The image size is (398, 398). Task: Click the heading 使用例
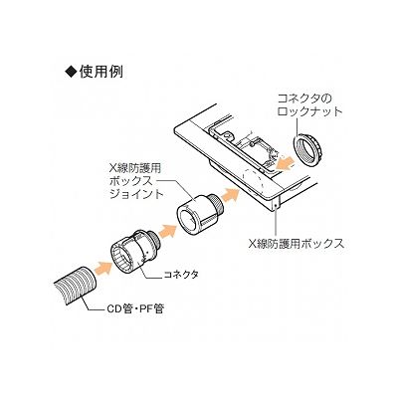pyautogui.click(x=101, y=72)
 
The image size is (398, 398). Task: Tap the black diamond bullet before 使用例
pyautogui.click(x=72, y=73)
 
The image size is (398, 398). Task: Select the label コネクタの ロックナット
pyautogui.click(x=309, y=104)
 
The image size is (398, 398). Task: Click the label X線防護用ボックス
pyautogui.click(x=297, y=245)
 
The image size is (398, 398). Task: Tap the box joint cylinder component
pyautogui.click(x=200, y=214)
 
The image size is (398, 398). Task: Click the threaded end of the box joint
pyautogui.click(x=219, y=205)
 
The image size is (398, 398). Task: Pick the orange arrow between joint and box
pyautogui.click(x=231, y=194)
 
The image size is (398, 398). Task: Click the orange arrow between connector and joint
pyautogui.click(x=167, y=230)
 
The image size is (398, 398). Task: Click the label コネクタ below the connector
pyautogui.click(x=181, y=275)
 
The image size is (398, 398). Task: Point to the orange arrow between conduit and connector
pyautogui.click(x=103, y=266)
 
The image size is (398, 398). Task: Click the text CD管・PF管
pyautogui.click(x=134, y=309)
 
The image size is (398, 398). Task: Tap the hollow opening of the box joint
pyautogui.click(x=187, y=220)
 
